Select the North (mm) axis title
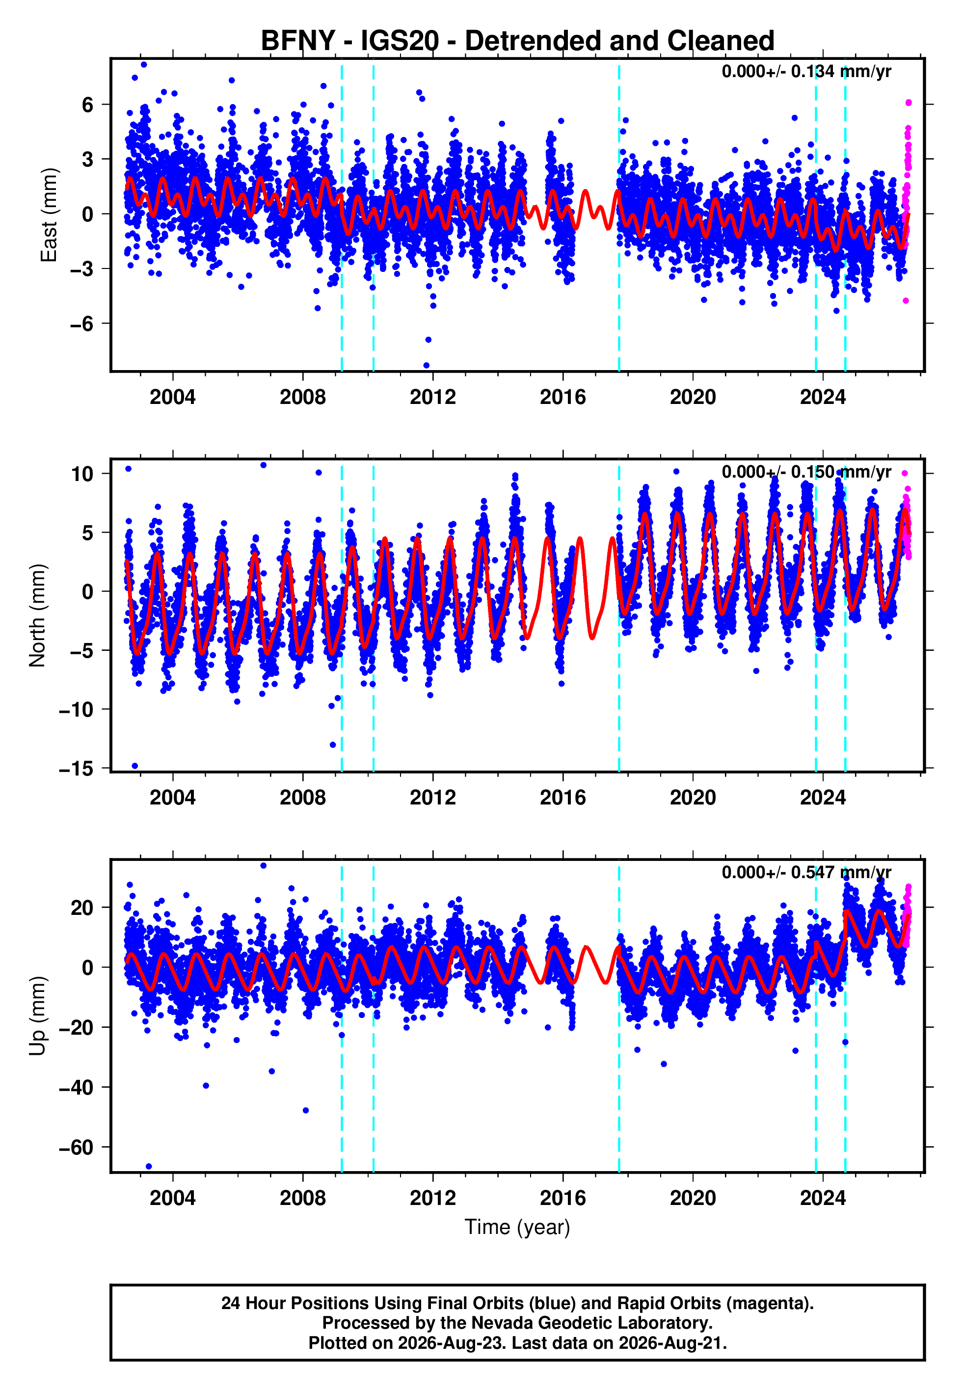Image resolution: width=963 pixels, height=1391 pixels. coord(37,615)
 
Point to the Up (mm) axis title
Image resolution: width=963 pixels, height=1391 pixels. coord(37,1016)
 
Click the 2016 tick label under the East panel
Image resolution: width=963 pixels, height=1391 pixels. coord(562,397)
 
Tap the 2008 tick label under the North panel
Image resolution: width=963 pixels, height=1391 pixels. coord(302,798)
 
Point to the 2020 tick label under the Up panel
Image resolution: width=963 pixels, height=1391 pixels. coord(693,1198)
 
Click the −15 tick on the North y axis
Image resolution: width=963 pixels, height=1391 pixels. coord(76,769)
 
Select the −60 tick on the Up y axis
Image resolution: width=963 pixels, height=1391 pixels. coord(76,1147)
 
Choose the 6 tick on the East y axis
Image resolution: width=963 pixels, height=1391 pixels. coord(88,105)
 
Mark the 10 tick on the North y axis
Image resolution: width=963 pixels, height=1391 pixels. coord(82,474)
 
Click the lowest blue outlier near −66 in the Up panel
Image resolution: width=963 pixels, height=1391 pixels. coord(149,1166)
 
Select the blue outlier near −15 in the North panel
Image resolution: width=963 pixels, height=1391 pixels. coord(134,766)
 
